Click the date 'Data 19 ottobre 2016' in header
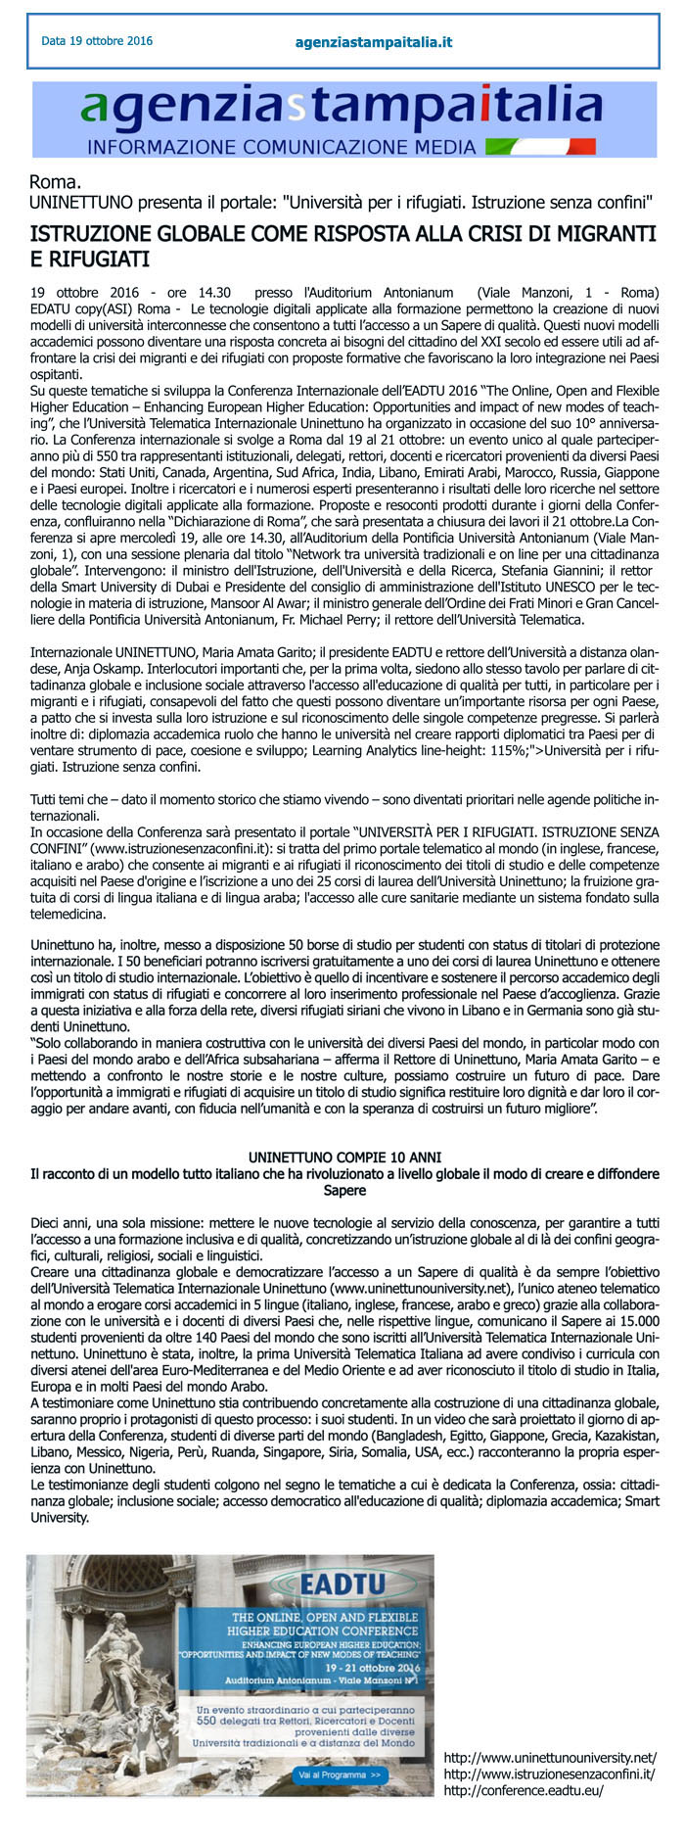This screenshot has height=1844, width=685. [x=97, y=41]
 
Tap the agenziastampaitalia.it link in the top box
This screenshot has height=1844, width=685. [x=373, y=42]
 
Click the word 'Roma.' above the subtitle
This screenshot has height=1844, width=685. [x=55, y=182]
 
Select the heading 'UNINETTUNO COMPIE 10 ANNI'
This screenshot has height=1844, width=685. [x=344, y=1157]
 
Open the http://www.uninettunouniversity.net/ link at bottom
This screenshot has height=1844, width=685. [x=550, y=1758]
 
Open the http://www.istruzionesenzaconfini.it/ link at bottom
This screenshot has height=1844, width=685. [x=549, y=1774]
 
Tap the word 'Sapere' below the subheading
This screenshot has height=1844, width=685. [x=344, y=1190]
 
